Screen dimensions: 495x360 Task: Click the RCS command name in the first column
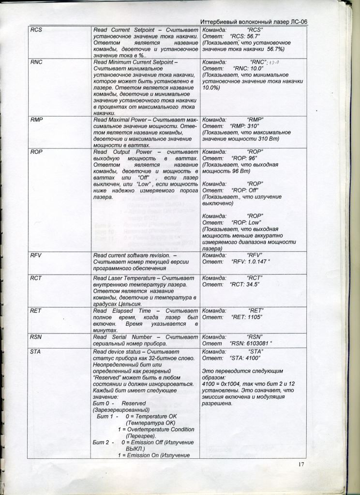click(36, 30)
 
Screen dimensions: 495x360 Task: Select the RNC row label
click(36, 62)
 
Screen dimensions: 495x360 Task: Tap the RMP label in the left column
click(36, 119)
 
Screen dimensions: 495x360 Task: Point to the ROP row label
click(36, 152)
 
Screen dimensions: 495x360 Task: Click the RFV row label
click(36, 255)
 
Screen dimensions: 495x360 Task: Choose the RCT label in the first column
click(36, 278)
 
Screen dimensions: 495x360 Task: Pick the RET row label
click(35, 311)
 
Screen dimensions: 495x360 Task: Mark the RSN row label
click(36, 337)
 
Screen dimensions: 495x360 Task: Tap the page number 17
click(301, 465)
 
